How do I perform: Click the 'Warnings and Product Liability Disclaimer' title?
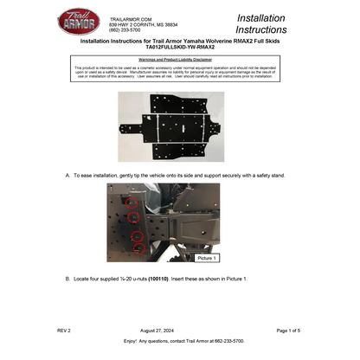[x=179, y=59]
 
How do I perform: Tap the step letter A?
[x=67, y=175]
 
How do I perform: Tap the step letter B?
[x=67, y=279]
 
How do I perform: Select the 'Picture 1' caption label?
[x=207, y=258]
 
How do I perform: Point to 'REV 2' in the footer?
[x=64, y=331]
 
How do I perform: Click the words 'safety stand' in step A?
[x=267, y=175]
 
